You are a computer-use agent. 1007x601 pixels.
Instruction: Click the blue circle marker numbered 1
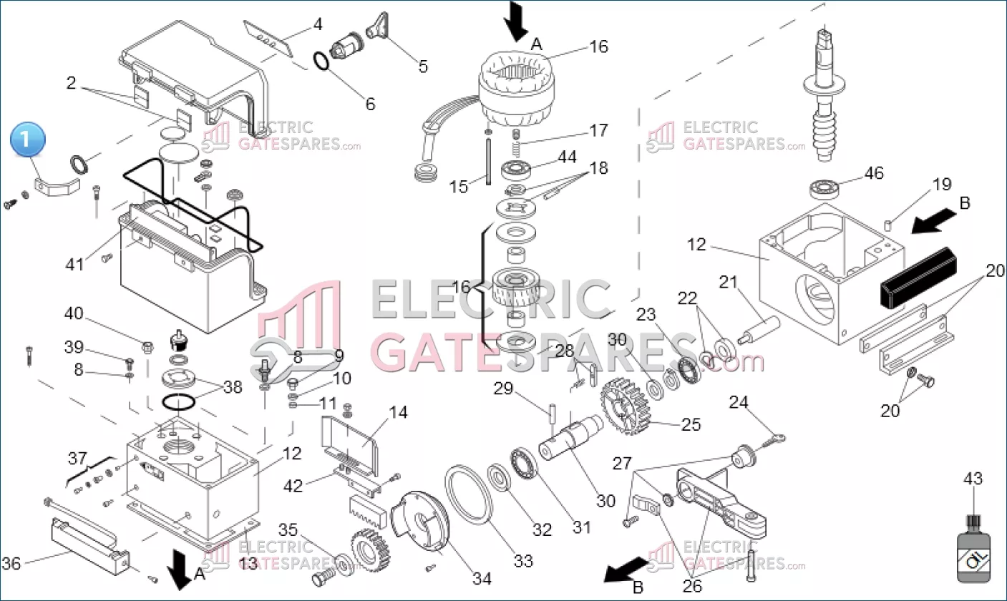(x=27, y=140)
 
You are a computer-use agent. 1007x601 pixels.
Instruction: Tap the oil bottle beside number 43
(x=974, y=548)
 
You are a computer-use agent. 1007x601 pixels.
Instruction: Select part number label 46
(x=873, y=173)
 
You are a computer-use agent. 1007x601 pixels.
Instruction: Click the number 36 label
(x=11, y=563)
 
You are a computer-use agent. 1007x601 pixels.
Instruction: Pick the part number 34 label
(x=482, y=579)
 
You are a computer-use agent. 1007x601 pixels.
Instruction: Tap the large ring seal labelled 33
(x=467, y=494)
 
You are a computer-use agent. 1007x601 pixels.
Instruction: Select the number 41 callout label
(x=74, y=264)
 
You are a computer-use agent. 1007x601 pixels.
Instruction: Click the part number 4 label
(x=318, y=24)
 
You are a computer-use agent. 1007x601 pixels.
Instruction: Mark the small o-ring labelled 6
(x=321, y=62)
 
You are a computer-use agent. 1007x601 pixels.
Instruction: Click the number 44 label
(x=567, y=157)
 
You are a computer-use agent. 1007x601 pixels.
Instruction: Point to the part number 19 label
(x=942, y=185)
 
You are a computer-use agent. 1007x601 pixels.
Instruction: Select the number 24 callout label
(x=739, y=402)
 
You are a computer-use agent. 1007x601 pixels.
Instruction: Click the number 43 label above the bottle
(x=973, y=478)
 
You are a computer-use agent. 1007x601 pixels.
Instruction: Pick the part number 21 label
(x=729, y=282)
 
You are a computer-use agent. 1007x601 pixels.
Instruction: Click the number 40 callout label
(x=74, y=313)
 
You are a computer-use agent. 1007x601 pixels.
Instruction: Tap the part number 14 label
(x=399, y=412)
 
